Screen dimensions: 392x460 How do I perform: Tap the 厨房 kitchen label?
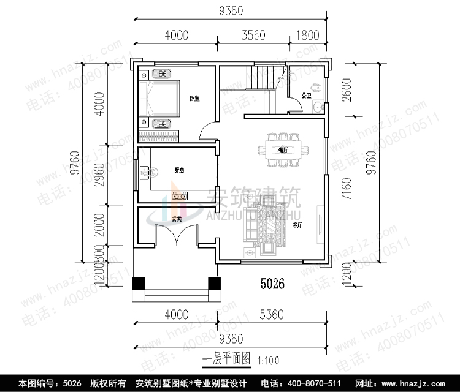179,170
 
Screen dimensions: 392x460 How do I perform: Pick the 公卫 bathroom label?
306,95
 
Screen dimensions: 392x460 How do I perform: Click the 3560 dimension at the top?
252,35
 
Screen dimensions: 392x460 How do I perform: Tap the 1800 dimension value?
308,35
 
